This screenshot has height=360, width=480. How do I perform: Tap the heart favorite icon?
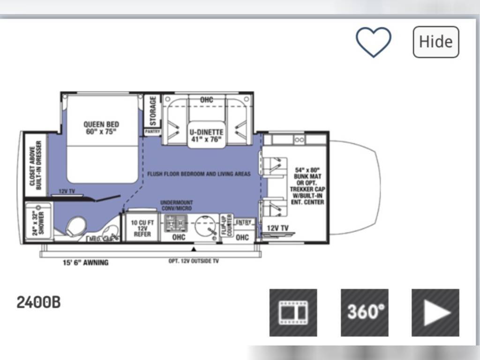coord(373,42)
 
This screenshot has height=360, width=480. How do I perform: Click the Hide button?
coord(435,42)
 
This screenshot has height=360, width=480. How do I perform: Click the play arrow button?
coord(435,313)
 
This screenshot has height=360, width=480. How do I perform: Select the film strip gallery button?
coord(293,313)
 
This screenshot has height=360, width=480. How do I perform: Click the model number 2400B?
coord(38,302)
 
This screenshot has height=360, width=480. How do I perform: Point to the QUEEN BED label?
coord(101,127)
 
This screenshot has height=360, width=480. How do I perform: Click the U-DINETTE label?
coord(206,135)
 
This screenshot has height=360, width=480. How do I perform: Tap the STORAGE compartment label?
coord(153,111)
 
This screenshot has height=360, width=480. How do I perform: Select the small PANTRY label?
coord(152,132)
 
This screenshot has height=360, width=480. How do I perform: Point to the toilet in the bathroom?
coord(75,227)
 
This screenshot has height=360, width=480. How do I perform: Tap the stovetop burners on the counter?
coord(175,222)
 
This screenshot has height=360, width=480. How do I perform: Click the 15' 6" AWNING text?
coord(86,262)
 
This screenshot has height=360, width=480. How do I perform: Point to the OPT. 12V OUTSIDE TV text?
coord(194,261)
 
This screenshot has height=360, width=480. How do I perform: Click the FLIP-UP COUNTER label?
coord(226,225)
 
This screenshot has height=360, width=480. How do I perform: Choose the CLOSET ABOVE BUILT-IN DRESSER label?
coord(36,164)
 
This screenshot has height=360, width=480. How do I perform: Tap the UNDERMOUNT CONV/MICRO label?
coord(176,205)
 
